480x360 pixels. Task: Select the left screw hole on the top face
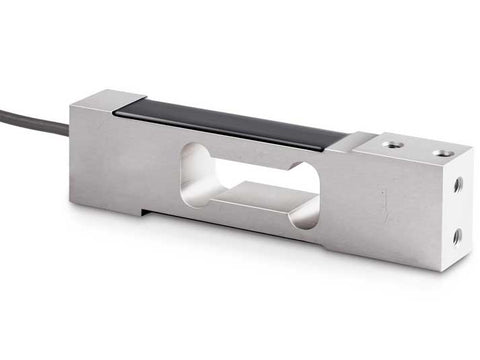click(x=393, y=144)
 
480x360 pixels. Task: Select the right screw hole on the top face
click(x=441, y=153)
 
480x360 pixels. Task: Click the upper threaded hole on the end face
click(x=457, y=185)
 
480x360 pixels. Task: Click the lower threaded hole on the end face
click(x=456, y=236)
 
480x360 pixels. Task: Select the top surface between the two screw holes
click(x=417, y=149)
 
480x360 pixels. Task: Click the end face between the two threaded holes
click(x=457, y=211)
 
